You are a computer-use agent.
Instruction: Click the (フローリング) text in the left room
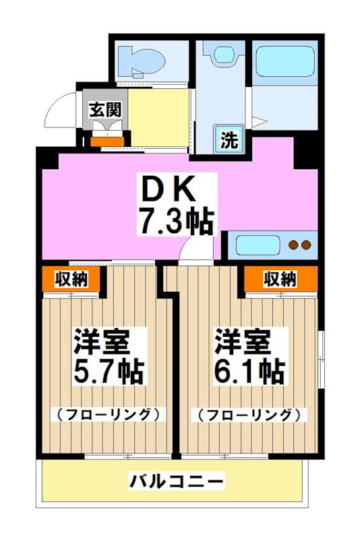click(108, 414)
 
